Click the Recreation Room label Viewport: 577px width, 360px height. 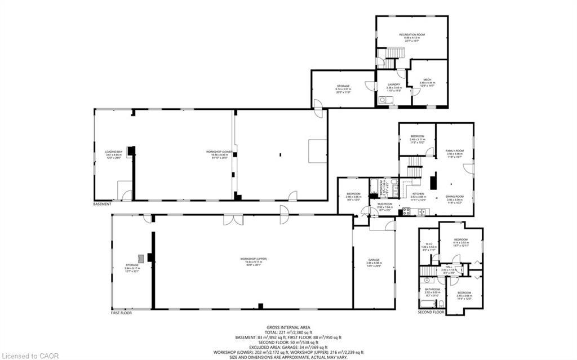point(412,34)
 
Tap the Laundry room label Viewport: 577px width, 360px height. point(393,85)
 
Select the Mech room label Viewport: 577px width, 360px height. point(427,79)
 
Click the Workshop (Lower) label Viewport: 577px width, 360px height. point(220,152)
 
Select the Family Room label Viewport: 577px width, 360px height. point(455,151)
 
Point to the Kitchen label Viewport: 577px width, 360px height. point(418,193)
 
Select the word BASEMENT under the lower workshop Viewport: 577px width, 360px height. point(102,204)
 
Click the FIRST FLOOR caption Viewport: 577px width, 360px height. point(121,313)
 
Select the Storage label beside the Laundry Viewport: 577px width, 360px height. point(343,86)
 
